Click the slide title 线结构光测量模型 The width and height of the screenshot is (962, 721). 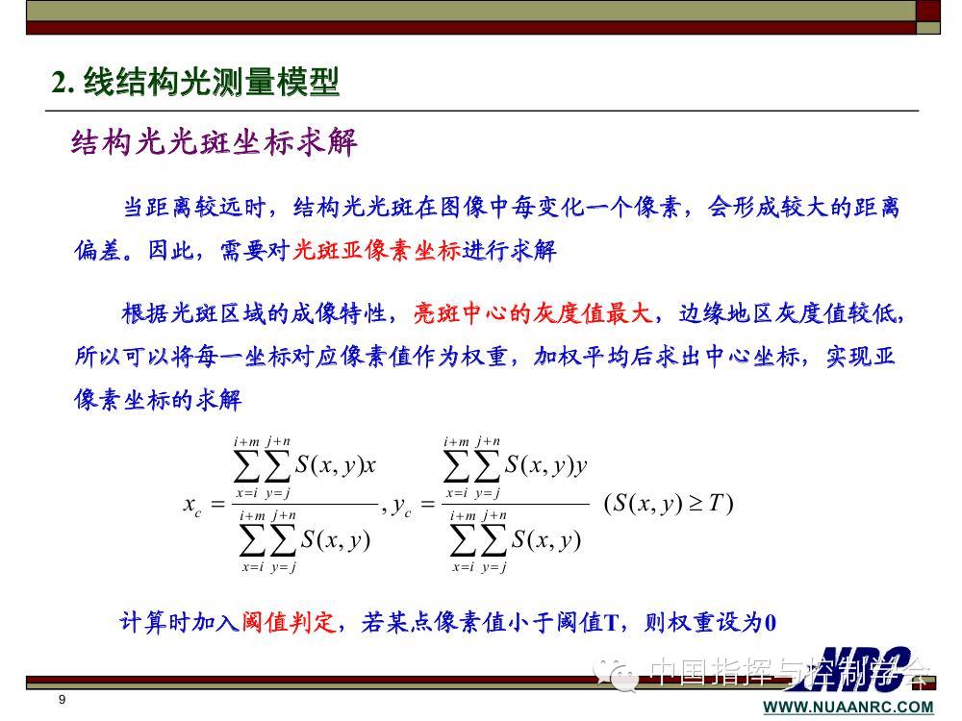click(x=212, y=82)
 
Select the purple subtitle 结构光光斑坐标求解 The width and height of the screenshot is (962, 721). click(x=215, y=143)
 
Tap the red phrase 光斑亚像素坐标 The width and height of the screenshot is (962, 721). click(x=377, y=250)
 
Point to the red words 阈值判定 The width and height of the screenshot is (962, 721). click(x=289, y=622)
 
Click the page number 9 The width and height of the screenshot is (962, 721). click(x=62, y=699)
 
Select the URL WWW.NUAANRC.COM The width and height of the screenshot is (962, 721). click(x=848, y=707)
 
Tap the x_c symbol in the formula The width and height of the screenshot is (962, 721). click(x=192, y=506)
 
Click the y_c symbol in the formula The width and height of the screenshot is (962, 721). click(x=402, y=506)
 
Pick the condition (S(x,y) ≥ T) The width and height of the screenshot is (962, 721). click(x=669, y=504)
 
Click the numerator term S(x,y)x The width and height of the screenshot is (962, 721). click(x=335, y=465)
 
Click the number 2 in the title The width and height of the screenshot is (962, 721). click(x=59, y=82)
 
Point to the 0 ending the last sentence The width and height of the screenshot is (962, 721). click(x=770, y=623)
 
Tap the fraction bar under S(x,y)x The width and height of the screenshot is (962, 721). click(x=305, y=504)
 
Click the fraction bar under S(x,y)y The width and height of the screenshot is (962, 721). click(x=516, y=504)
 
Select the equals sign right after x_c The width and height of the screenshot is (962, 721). click(x=217, y=504)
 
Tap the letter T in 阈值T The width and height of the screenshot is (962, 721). click(x=611, y=623)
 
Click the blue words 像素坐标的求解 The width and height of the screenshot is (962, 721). click(x=158, y=400)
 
